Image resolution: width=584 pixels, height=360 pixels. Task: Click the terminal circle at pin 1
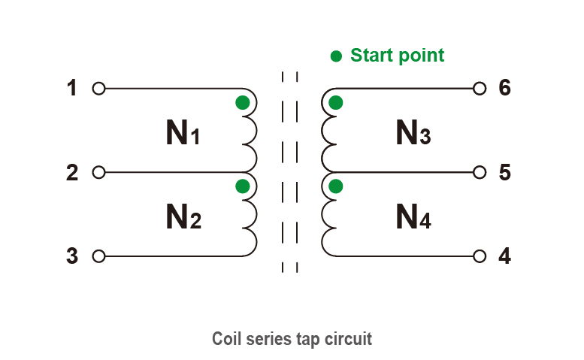[x=98, y=89]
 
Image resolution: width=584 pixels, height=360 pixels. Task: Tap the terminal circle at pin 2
[x=98, y=173]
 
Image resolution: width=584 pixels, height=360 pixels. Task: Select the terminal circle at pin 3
[x=98, y=256]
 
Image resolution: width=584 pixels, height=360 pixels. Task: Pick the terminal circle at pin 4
[x=480, y=256]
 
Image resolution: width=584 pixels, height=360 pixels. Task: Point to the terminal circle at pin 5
[x=480, y=173]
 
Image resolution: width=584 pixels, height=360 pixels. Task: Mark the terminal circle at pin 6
[x=480, y=89]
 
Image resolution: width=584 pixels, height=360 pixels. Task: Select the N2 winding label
[x=183, y=218]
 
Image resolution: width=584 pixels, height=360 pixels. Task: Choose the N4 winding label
[x=413, y=218]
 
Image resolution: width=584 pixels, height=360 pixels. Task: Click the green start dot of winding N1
[x=242, y=103]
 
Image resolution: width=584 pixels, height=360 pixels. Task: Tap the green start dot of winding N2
[x=242, y=186]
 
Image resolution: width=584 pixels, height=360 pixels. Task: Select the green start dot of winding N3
[x=336, y=103]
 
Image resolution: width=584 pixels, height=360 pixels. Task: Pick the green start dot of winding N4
[x=336, y=186]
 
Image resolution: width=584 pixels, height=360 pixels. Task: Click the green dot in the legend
[x=336, y=56]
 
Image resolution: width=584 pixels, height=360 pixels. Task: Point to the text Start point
[x=397, y=56]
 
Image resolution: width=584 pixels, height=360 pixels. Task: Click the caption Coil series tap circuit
[x=292, y=339]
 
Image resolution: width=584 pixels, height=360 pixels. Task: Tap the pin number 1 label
[x=72, y=89]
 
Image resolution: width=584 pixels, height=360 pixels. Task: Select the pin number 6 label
[x=505, y=89]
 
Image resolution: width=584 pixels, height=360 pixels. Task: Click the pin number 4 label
[x=505, y=256]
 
